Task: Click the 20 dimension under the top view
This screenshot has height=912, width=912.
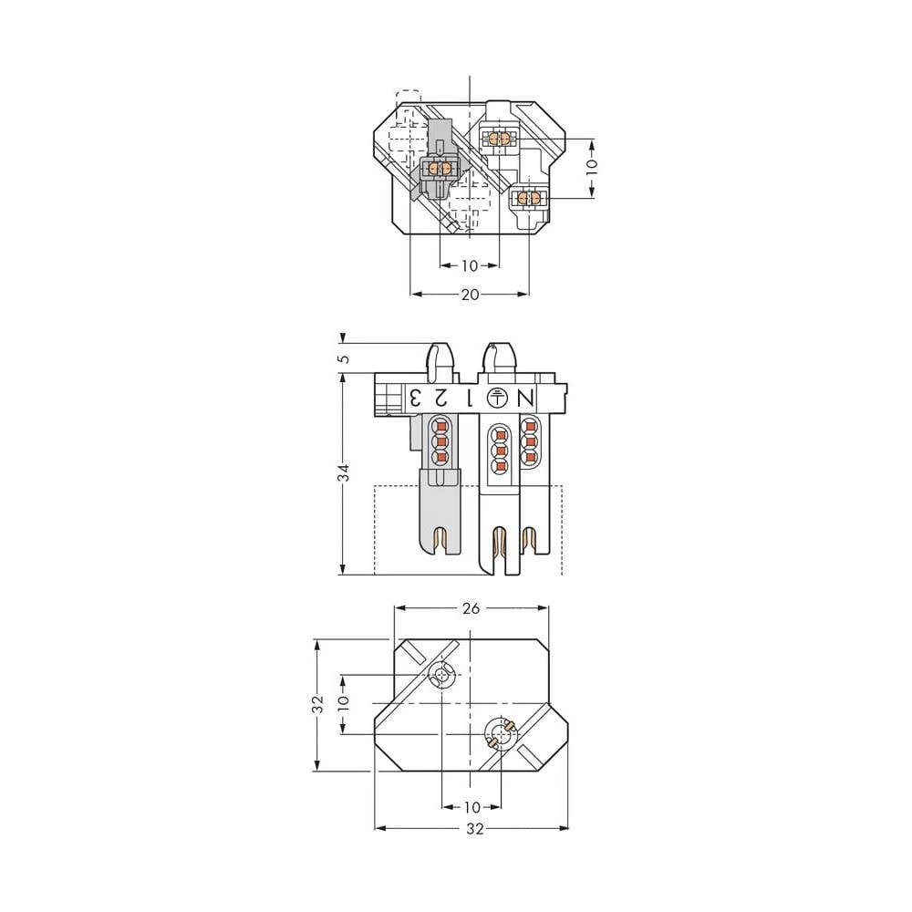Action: (470, 295)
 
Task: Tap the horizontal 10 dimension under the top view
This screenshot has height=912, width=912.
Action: (470, 265)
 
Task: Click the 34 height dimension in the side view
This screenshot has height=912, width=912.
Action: (343, 472)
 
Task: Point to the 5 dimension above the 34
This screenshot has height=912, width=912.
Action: (343, 357)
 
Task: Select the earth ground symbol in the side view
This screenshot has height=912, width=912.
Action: (496, 398)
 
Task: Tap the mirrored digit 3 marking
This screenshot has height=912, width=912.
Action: (414, 399)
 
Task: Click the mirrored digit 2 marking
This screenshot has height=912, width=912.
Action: (440, 399)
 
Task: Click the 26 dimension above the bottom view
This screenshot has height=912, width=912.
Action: (471, 608)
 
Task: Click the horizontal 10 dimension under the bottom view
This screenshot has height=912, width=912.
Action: (472, 807)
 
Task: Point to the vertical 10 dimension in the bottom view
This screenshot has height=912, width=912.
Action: (343, 704)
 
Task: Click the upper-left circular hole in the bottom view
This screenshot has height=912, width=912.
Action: (442, 676)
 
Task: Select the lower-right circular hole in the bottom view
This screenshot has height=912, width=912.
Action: (500, 733)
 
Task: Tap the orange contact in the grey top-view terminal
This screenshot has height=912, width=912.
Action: (440, 169)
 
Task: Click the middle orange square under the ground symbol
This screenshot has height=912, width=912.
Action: (498, 449)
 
